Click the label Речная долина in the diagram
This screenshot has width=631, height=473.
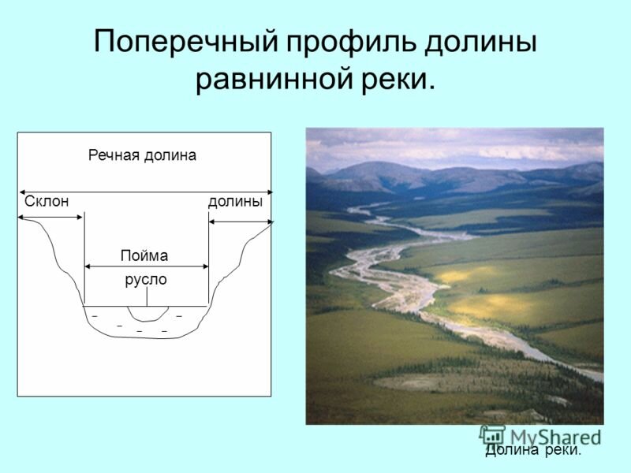pos(143,155)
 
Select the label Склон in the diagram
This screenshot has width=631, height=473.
pos(47,201)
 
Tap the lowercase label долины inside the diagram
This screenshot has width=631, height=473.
pos(235,201)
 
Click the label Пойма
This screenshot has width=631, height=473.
pos(144,255)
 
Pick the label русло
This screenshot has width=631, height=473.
pos(146,280)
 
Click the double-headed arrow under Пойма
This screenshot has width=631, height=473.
pos(147,266)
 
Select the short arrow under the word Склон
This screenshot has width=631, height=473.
pos(50,218)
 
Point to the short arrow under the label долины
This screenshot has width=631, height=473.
pos(241,222)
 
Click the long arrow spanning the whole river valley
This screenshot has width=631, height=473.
pos(146,192)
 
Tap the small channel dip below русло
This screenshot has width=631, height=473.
pos(147,317)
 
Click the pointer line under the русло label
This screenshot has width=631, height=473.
pos(147,297)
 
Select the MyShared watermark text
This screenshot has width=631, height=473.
pos(555,438)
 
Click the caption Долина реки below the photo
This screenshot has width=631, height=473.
pos(533,450)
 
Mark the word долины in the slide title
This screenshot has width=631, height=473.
pos(480,42)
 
